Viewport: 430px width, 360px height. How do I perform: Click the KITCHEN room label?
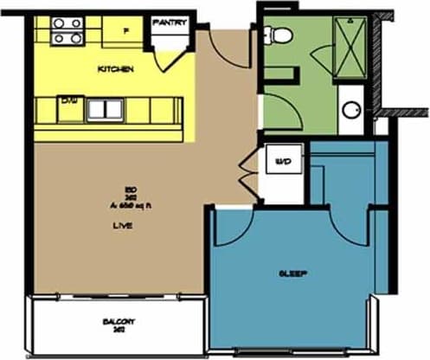(x=115, y=68)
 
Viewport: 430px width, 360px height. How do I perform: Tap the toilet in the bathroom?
(x=279, y=35)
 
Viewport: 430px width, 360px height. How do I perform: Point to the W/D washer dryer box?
(x=282, y=162)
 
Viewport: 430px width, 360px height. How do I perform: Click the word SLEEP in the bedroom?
(x=293, y=273)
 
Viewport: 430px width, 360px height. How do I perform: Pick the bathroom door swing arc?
(x=279, y=107)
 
